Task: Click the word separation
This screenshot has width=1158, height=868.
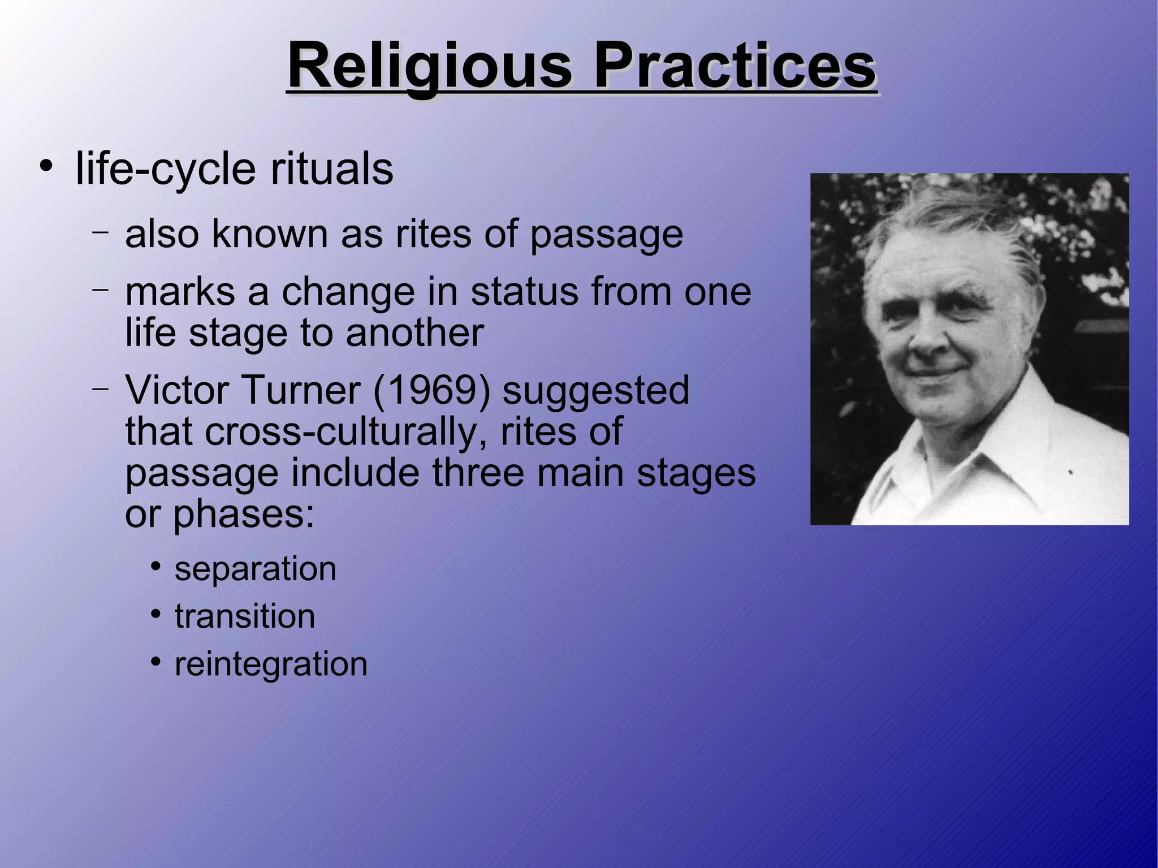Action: pos(255,568)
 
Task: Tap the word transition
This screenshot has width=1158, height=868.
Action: pos(245,616)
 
